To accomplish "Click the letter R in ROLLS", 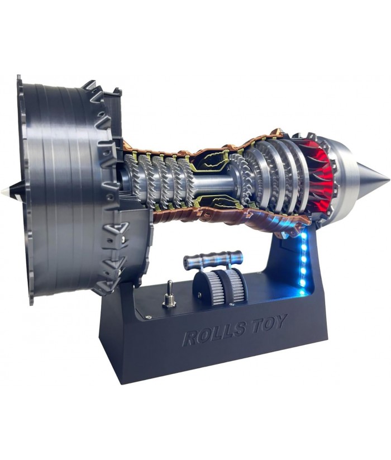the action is (x=190, y=338).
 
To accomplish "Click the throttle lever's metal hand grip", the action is (x=212, y=258).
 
